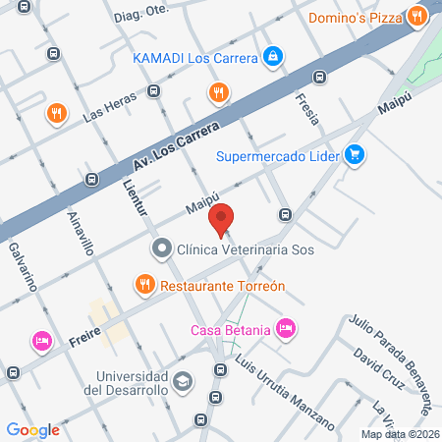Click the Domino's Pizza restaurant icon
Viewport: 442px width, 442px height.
coord(418,16)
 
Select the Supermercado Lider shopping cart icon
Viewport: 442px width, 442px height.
coord(355,154)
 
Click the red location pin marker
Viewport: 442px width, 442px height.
coord(222,219)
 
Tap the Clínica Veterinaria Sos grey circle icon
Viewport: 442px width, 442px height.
coord(160,249)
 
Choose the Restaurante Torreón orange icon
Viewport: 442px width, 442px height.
coord(144,286)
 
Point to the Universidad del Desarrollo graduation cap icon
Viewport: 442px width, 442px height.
coord(183,380)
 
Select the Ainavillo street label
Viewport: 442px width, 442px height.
coord(81,234)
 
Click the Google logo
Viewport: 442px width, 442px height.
coord(33,429)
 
